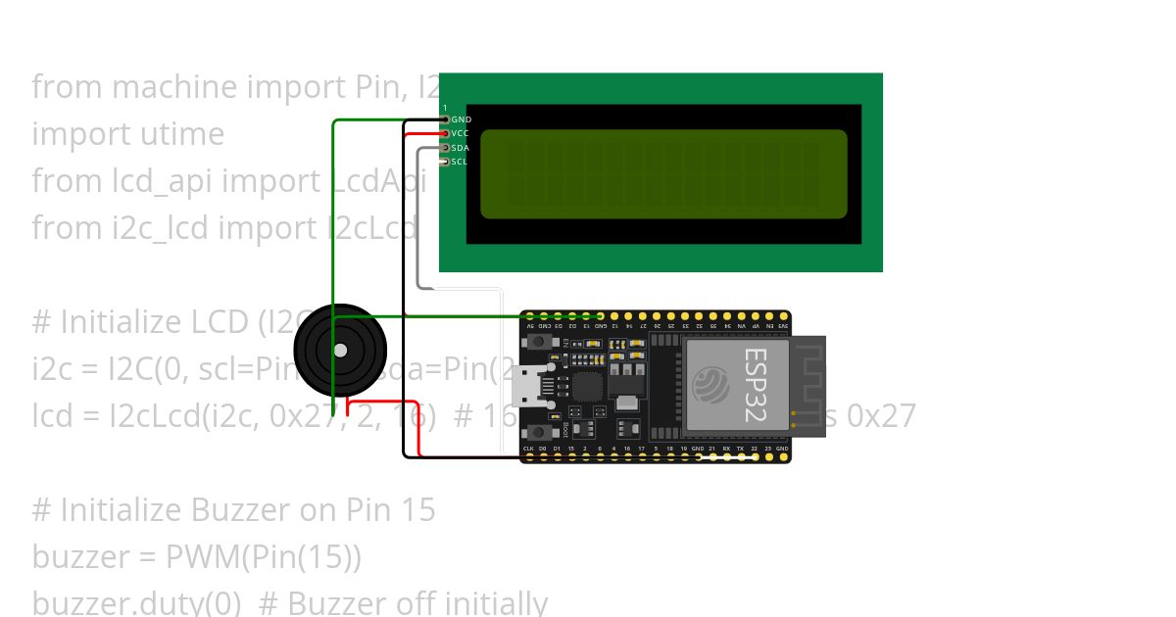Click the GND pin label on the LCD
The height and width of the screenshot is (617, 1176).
461,119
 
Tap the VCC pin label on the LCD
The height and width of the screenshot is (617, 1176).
460,133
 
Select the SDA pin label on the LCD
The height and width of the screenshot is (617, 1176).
460,148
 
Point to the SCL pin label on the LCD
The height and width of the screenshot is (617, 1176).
459,162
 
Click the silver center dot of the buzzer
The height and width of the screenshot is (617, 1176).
340,350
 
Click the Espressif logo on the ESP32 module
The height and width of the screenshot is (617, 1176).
710,385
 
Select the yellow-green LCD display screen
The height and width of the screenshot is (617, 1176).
663,173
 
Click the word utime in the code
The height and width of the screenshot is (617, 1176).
183,134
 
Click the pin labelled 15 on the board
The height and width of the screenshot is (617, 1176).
570,449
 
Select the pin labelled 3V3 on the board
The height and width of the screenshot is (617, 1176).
783,325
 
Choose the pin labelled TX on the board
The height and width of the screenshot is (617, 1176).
740,449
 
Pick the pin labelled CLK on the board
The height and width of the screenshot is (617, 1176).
528,449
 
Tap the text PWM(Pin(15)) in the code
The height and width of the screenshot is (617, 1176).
264,557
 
